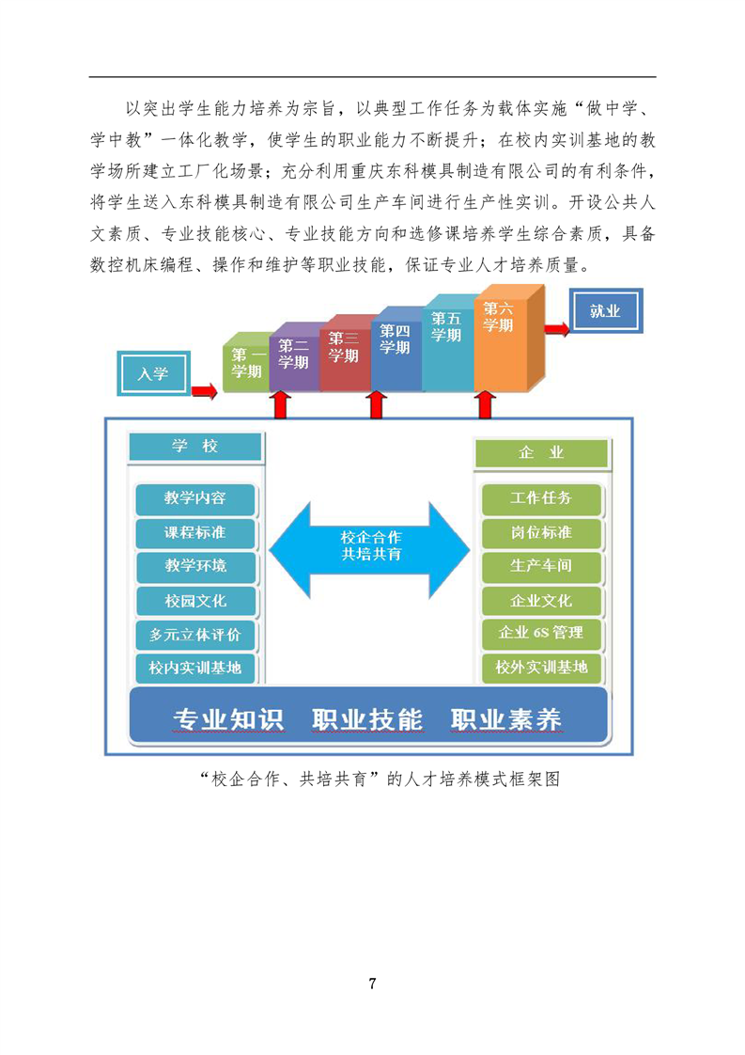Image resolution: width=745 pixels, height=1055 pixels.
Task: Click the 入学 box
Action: tap(153, 372)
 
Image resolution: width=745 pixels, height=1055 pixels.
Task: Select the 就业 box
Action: tap(606, 310)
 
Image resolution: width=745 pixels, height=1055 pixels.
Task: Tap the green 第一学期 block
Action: tap(246, 363)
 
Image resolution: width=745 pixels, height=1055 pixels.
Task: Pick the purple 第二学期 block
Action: tap(294, 357)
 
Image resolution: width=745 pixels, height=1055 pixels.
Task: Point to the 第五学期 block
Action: tap(448, 344)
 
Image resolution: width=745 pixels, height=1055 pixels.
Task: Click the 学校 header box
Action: tap(195, 447)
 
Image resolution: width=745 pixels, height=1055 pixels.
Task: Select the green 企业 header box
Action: tap(541, 453)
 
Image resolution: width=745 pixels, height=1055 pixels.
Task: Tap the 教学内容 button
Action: tap(195, 498)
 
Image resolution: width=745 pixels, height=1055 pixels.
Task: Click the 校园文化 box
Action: tap(195, 601)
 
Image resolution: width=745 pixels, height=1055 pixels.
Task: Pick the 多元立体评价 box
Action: tap(195, 635)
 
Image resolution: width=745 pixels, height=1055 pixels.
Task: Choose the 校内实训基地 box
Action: tap(195, 669)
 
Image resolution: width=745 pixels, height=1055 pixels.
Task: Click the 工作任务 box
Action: tap(540, 498)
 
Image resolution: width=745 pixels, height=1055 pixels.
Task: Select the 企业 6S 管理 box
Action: tap(541, 633)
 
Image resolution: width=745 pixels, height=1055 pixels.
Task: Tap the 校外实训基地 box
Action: tap(541, 669)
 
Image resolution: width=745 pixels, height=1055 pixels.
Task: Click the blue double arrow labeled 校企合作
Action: tap(370, 548)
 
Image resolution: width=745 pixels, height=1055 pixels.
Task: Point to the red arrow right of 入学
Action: tap(205, 391)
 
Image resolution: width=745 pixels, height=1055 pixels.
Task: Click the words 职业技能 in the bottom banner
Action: tap(367, 719)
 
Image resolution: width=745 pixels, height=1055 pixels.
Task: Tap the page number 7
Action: tap(372, 984)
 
